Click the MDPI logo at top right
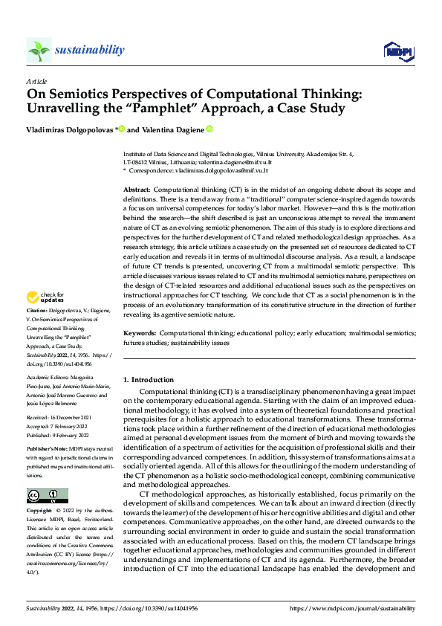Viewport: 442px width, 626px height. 398,50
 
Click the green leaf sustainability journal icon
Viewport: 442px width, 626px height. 39,51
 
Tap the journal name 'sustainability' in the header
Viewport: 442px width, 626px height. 89,50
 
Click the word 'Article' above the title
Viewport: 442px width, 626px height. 36,81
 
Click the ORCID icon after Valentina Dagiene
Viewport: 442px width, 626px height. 209,129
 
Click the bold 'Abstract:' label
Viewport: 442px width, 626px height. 137,191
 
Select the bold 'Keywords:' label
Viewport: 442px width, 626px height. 139,334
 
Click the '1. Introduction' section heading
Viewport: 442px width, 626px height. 149,380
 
